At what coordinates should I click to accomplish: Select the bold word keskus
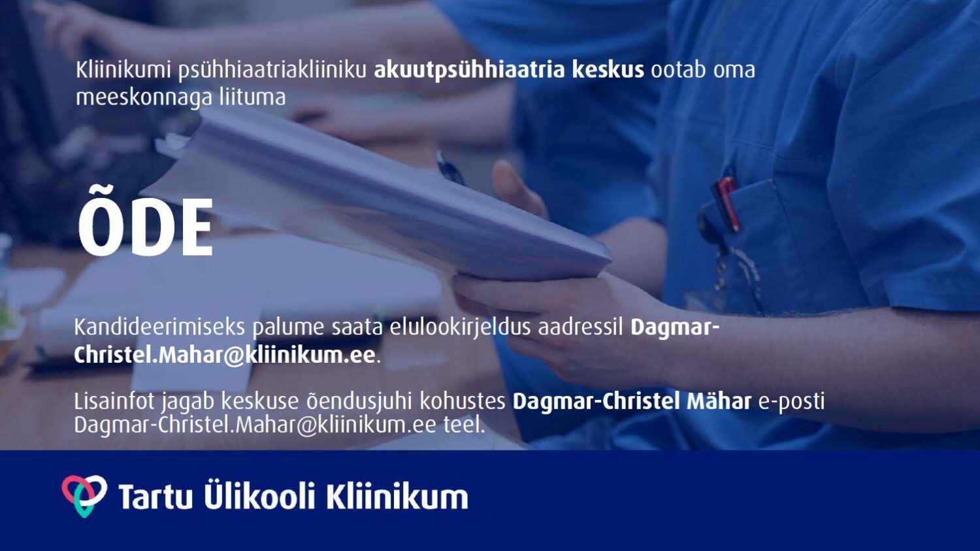pyautogui.click(x=608, y=69)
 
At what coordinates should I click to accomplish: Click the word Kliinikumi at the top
pyautogui.click(x=123, y=70)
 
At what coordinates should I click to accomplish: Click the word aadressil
pyautogui.click(x=580, y=327)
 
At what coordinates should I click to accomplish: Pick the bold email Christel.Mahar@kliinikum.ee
pyautogui.click(x=225, y=355)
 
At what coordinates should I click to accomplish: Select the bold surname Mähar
pyautogui.click(x=719, y=401)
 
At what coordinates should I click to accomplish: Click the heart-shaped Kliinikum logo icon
pyautogui.click(x=84, y=496)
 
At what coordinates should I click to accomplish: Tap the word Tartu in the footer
pyautogui.click(x=155, y=497)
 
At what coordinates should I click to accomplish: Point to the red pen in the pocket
pyautogui.click(x=727, y=203)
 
